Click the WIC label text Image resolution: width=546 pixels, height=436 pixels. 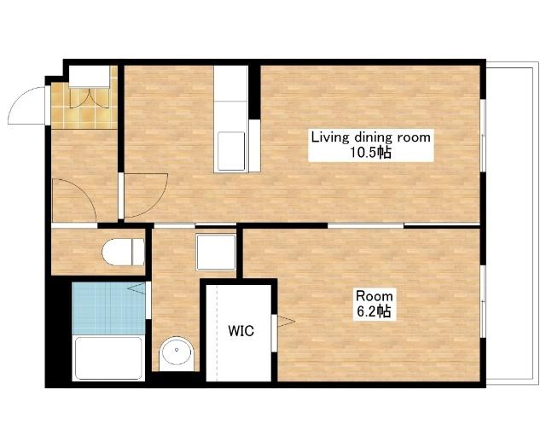[241, 330]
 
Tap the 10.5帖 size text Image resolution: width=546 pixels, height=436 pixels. [370, 152]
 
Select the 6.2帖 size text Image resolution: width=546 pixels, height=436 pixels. [374, 311]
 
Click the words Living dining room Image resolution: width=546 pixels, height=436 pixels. [371, 137]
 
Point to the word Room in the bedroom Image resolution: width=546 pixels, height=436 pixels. [375, 296]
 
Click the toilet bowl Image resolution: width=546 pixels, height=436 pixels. [123, 252]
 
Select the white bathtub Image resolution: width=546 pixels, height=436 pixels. [109, 358]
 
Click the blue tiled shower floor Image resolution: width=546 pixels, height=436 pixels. [108, 309]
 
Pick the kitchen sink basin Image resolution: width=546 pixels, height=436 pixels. [231, 150]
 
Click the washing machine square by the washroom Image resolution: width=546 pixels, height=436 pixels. [216, 252]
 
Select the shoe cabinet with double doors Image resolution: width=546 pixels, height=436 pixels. [90, 77]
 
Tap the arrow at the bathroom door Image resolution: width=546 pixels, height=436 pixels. [136, 288]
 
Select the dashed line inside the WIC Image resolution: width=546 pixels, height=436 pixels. [217, 333]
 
